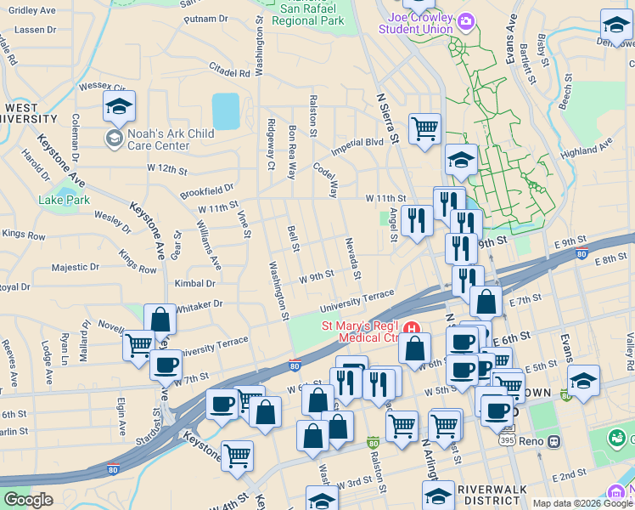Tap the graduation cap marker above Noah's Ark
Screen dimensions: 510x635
(120, 107)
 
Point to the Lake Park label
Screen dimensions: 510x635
(64, 201)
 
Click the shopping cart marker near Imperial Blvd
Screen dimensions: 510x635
(424, 129)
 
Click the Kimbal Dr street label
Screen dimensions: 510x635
(195, 284)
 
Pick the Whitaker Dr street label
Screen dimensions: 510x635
(200, 303)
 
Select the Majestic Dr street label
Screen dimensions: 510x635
(76, 267)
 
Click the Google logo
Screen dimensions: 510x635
(28, 500)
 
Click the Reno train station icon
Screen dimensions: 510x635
(553, 442)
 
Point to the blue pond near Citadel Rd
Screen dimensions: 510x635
(226, 111)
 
